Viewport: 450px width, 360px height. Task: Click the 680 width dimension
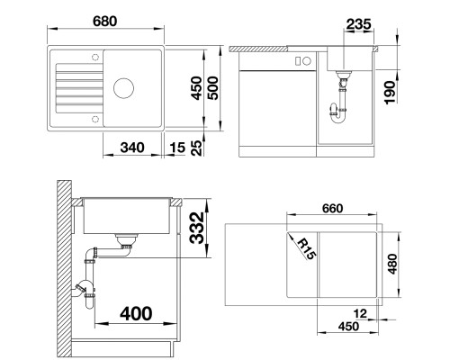coord(104,22)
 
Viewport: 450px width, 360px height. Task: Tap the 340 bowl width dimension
coord(132,148)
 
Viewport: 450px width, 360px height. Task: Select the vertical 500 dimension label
coord(213,88)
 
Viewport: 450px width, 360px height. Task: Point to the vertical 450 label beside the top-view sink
coord(197,88)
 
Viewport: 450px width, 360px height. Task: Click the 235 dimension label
coord(358,24)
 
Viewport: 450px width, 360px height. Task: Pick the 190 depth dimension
coord(390,93)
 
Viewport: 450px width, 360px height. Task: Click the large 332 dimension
coord(198,228)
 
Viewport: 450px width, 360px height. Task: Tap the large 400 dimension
coord(136,313)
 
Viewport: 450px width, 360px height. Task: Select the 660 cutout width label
coord(332,208)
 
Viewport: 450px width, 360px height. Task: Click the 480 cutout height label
coord(392,264)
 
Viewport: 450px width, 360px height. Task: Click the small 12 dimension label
coord(360,314)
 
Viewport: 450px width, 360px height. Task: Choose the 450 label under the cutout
coord(348,327)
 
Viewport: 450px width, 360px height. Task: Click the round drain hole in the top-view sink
coord(123,88)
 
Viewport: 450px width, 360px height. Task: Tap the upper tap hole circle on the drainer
coord(95,57)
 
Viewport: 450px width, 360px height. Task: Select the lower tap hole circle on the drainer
coord(95,119)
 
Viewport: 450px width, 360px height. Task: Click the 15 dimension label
coord(177,148)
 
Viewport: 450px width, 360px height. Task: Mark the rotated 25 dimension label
coord(197,148)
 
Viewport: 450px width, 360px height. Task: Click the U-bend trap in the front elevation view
coord(338,114)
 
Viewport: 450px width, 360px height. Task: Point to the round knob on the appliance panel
coord(306,61)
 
